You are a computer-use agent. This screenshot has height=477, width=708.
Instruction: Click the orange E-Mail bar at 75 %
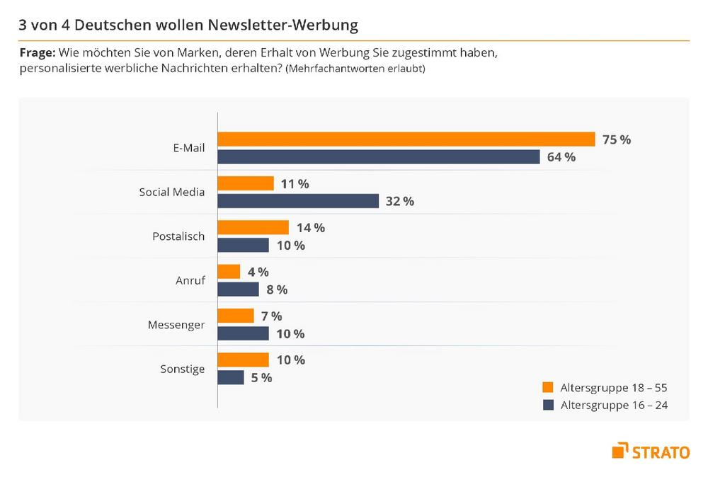[406, 139]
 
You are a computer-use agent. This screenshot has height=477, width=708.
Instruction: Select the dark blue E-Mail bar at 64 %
[379, 157]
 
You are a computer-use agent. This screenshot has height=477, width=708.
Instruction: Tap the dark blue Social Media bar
[298, 201]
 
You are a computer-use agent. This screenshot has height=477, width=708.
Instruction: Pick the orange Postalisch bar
[253, 227]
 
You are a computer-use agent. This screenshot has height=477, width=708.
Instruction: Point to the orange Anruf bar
[229, 272]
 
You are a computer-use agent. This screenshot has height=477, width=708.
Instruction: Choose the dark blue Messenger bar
[243, 333]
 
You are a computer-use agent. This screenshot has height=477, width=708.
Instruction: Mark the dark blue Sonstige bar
[231, 377]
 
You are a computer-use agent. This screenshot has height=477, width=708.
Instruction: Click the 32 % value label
[399, 201]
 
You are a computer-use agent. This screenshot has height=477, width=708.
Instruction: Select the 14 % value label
[310, 228]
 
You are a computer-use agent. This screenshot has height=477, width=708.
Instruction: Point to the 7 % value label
[272, 316]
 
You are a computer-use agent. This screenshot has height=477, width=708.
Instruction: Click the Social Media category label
[172, 192]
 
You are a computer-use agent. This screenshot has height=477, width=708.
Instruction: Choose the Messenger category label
[176, 325]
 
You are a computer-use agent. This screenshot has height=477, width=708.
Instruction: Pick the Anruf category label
[190, 280]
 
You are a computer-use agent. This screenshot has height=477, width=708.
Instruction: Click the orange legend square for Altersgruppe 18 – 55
[547, 387]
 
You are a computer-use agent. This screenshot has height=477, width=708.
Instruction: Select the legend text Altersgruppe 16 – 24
[614, 406]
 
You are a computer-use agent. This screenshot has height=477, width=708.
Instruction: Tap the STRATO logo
[651, 451]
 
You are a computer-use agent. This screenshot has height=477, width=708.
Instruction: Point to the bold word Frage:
[37, 53]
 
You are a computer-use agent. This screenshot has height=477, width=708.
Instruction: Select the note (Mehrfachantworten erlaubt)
[355, 69]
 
